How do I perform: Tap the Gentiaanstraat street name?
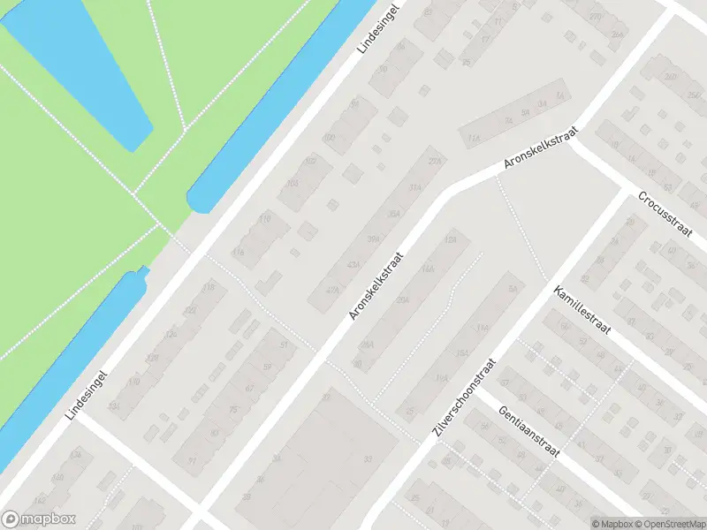pyautogui.click(x=530, y=433)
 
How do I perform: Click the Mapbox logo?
pyautogui.click(x=39, y=519)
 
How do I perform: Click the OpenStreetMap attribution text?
pyautogui.click(x=669, y=524)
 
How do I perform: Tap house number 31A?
pyautogui.click(x=414, y=187)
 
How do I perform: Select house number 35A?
pyautogui.click(x=394, y=214)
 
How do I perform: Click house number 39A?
pyautogui.click(x=374, y=239)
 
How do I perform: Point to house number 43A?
pyautogui.click(x=353, y=265)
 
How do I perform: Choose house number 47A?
pyautogui.click(x=332, y=291)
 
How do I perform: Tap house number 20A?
pyautogui.click(x=404, y=300)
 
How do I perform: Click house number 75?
pyautogui.click(x=233, y=409)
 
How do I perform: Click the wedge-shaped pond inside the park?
pyautogui.click(x=88, y=62)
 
